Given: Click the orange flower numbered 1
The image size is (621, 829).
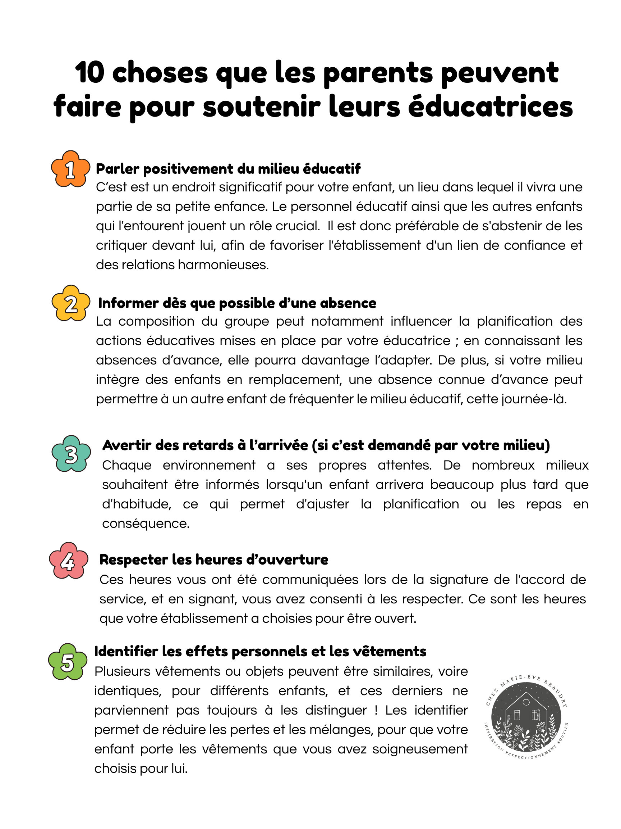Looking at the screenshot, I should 70,169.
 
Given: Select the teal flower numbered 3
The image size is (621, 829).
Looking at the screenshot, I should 71,454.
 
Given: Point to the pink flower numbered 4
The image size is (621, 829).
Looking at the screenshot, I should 69,561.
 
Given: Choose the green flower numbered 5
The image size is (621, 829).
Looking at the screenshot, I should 67,662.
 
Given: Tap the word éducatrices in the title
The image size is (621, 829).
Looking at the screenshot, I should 490,107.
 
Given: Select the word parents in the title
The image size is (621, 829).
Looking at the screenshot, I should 378,73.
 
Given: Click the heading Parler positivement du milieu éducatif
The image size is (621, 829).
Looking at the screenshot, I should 228,169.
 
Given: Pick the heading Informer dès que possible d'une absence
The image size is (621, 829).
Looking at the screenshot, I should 237,303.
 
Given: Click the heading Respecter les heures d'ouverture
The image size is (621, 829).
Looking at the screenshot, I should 213,560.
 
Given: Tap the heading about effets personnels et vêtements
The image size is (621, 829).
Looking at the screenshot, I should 260,651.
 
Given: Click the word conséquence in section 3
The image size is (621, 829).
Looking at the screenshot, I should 146,524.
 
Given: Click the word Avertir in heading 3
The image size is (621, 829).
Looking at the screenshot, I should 125,445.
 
